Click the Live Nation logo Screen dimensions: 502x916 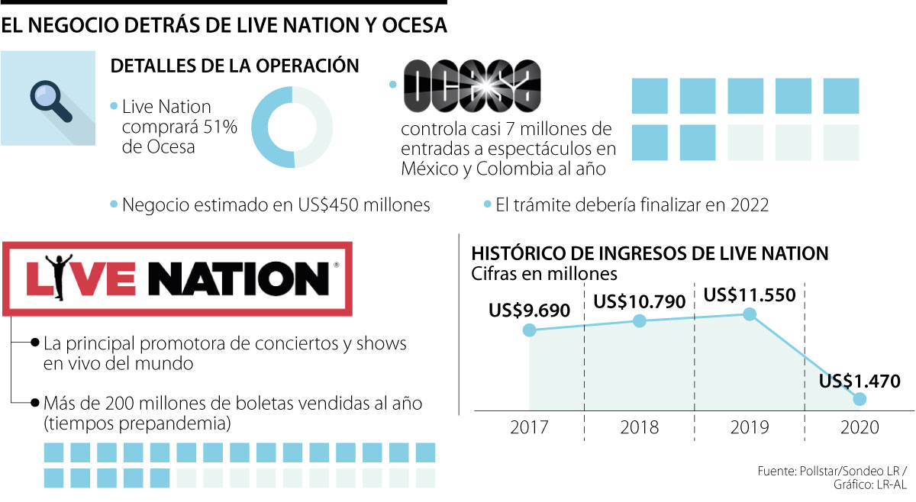pos(178,278)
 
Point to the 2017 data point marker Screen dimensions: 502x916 pos(529,330)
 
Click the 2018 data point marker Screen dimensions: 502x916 pos(640,321)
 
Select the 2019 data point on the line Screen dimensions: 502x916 pos(750,314)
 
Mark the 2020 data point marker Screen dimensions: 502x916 pos(860,399)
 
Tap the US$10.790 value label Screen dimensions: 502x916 pos(640,301)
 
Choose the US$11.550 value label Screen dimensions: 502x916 pos(750,294)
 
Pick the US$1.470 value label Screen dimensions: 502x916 pos(860,380)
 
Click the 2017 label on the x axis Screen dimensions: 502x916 pos(530,428)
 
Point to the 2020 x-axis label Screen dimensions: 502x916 pos(860,428)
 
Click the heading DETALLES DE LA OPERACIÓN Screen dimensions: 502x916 pos(235,66)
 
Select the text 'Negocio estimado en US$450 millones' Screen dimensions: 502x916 pos(276,205)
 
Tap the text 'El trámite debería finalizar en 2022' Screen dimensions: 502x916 pos(633,205)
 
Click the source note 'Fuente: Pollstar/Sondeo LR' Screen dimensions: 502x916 pos(829,470)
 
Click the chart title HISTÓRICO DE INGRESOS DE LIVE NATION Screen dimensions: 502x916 pos(650,253)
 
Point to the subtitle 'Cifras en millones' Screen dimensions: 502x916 pos(544,272)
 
